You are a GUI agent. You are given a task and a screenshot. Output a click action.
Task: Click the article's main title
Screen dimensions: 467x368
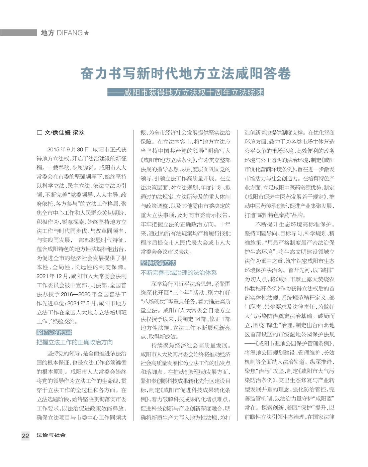pyautogui.click(x=185, y=74)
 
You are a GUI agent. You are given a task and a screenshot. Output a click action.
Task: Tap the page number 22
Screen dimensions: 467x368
pyautogui.click(x=25, y=435)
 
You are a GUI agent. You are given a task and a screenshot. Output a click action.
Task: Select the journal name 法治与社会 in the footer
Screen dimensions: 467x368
pyautogui.click(x=51, y=435)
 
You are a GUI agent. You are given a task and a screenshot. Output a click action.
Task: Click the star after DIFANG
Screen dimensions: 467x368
pyautogui.click(x=87, y=33)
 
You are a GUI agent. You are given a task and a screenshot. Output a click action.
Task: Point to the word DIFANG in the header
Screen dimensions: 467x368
pyautogui.click(x=70, y=33)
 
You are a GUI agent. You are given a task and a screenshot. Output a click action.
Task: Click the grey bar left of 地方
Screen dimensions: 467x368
pyautogui.click(x=18, y=33)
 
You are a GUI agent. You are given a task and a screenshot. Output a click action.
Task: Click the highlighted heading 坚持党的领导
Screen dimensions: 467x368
pyautogui.click(x=54, y=332)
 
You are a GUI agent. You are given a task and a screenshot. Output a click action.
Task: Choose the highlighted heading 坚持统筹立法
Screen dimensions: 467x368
pyautogui.click(x=158, y=263)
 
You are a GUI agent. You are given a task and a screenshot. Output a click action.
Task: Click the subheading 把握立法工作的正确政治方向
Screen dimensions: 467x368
pyautogui.click(x=75, y=342)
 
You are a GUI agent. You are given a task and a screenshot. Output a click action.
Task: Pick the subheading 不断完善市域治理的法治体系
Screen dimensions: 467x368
pyautogui.click(x=179, y=273)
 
